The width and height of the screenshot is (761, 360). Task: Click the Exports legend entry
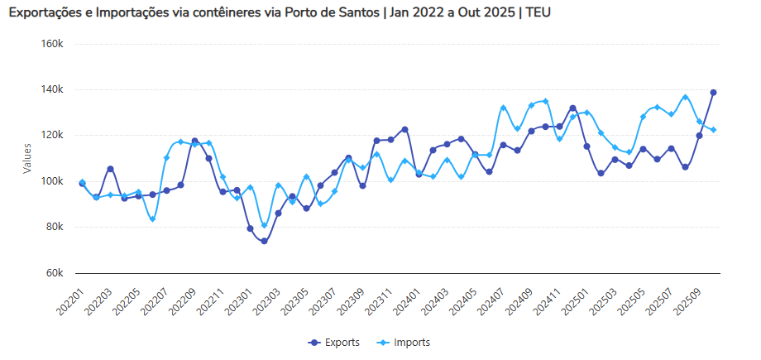click(335, 342)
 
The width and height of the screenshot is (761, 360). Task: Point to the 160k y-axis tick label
click(52, 43)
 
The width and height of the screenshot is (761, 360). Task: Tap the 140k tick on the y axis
click(52, 89)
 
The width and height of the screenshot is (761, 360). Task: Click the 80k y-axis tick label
click(54, 227)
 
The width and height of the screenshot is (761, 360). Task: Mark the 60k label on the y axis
click(54, 273)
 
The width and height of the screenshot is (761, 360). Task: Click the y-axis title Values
click(27, 157)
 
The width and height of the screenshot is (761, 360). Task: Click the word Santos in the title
click(355, 13)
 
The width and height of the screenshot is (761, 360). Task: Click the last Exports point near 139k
click(713, 93)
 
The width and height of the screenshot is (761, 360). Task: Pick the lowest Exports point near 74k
click(264, 242)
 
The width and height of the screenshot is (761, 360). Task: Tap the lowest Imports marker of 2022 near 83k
click(152, 219)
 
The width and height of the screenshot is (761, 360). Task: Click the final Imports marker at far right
click(713, 130)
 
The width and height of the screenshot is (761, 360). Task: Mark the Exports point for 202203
click(110, 169)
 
